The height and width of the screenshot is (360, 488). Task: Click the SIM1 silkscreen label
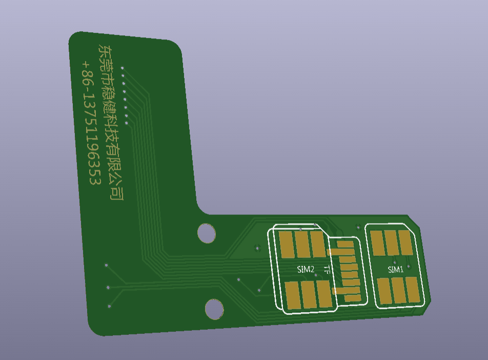click(396, 270)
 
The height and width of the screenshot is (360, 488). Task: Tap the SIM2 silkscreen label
click(306, 269)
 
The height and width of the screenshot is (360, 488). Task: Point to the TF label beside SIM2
click(327, 270)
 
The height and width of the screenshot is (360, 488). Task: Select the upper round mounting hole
click(207, 233)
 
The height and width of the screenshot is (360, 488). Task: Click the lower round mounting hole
click(214, 309)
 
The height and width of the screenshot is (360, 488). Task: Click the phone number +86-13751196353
click(91, 123)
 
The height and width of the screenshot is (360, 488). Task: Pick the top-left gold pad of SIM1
click(377, 243)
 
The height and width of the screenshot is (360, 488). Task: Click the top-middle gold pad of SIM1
click(392, 243)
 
